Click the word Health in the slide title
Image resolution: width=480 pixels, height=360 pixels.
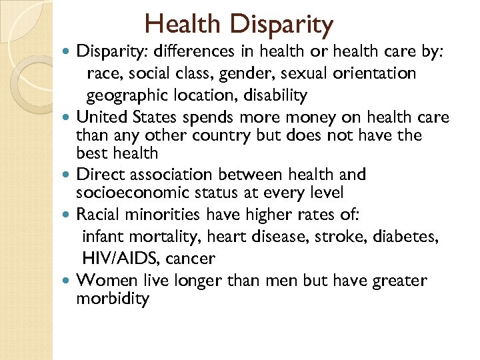pos(181,25)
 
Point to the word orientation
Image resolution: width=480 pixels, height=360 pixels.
pos(377,74)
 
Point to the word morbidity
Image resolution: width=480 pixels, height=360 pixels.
pos(113,298)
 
